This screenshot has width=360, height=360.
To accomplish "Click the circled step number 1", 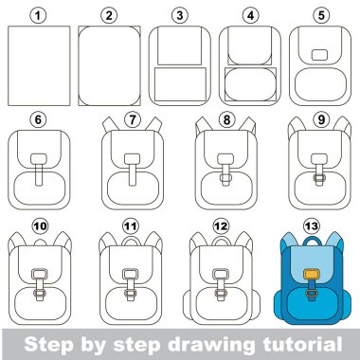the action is click(38, 16).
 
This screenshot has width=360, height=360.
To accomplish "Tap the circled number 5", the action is click(321, 16).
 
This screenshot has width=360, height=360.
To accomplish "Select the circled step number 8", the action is click(226, 120).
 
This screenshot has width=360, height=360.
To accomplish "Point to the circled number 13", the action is click(312, 226).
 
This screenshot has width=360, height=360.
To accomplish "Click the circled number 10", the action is click(40, 226).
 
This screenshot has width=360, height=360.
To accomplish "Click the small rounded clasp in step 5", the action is click(319, 55).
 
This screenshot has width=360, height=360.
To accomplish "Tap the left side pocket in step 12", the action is click(188, 304).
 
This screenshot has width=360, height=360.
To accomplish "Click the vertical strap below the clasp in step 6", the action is click(39, 174).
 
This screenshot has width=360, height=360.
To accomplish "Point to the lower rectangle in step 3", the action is click(180, 84).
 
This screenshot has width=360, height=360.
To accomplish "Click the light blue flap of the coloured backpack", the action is click(312, 261).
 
